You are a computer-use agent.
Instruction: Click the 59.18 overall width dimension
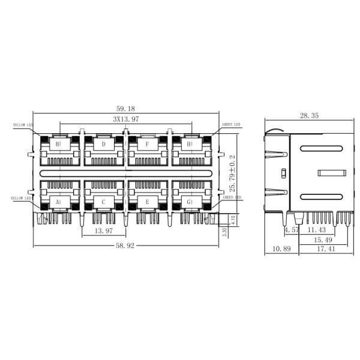coord(125,109)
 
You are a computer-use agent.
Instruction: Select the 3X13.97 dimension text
coord(126,119)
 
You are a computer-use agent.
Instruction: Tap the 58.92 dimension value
coord(125,250)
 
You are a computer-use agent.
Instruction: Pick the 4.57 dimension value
coord(291,230)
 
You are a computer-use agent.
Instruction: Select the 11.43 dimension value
coord(316,230)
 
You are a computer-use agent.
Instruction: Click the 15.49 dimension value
coord(322,240)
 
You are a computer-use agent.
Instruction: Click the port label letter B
coord(58,144)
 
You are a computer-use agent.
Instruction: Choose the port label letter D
coord(103,144)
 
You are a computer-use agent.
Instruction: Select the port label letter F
coord(147,144)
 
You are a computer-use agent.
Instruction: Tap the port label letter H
coord(190,144)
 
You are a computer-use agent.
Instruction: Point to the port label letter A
coord(58,202)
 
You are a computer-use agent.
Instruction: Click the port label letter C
coord(103,202)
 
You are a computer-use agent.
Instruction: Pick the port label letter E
coord(147,202)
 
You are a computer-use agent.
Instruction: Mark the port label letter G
coord(190,202)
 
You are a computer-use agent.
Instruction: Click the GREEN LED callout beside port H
coord(231,125)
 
